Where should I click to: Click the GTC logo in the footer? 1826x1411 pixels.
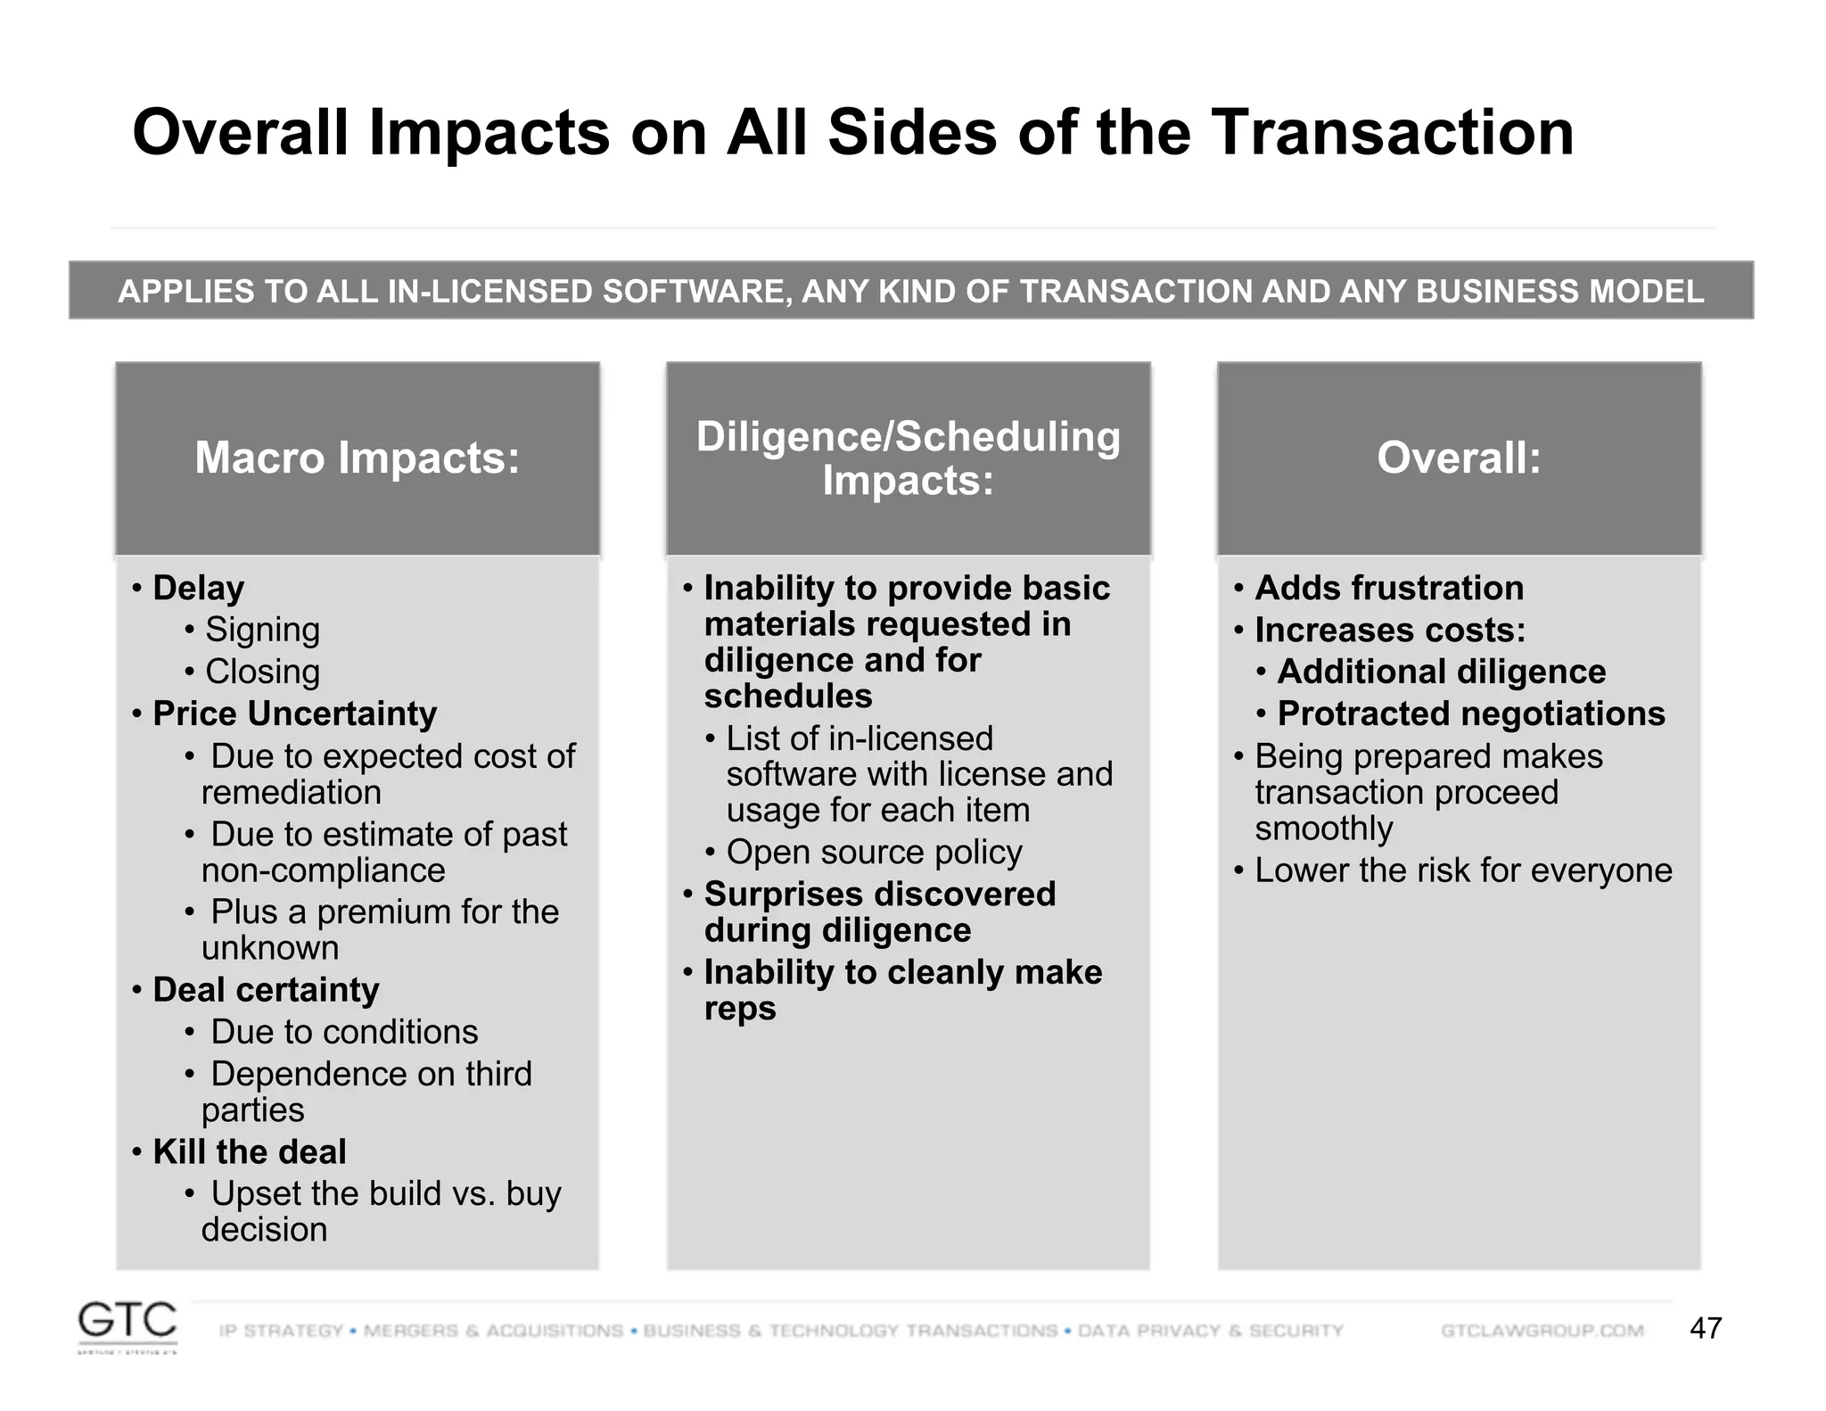tap(127, 1324)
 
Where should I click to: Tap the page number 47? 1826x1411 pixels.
tap(1705, 1328)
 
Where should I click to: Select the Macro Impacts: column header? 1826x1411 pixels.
tap(357, 458)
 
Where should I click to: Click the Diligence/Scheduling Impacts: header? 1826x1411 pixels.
tap(908, 458)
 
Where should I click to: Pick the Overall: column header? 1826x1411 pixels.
tap(1459, 458)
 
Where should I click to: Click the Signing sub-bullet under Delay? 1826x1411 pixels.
tap(262, 630)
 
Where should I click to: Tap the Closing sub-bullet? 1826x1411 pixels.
tap(262, 672)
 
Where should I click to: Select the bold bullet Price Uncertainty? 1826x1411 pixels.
tap(294, 714)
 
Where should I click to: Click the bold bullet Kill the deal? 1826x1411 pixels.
tap(249, 1151)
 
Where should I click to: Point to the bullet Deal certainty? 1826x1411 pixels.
tap(266, 990)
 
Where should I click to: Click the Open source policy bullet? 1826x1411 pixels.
tap(874, 852)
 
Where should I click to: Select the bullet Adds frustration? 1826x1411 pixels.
tap(1389, 588)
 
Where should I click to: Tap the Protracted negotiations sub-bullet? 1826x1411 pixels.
tap(1470, 714)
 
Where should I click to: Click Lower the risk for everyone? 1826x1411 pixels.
tap(1463, 871)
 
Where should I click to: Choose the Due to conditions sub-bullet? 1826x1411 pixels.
tap(344, 1032)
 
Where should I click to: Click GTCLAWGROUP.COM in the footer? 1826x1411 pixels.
tap(1542, 1331)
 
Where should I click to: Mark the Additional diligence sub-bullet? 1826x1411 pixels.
tap(1441, 672)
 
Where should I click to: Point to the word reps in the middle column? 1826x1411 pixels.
tap(739, 1009)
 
